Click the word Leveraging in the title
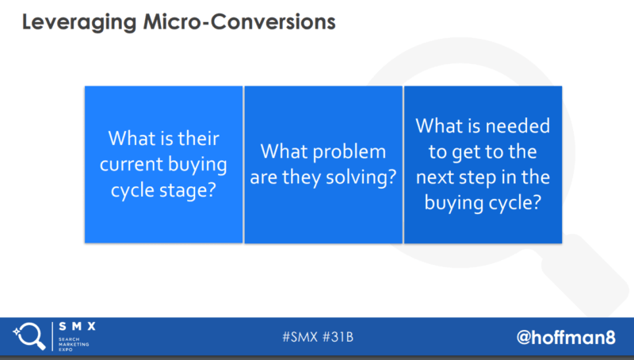79,23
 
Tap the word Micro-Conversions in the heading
239,22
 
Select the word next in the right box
434,178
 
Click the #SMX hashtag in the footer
300,337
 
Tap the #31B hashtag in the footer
338,337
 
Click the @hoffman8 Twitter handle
566,337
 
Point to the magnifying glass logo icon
29,335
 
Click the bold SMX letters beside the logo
77,327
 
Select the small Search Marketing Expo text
74,344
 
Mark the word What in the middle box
284,151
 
